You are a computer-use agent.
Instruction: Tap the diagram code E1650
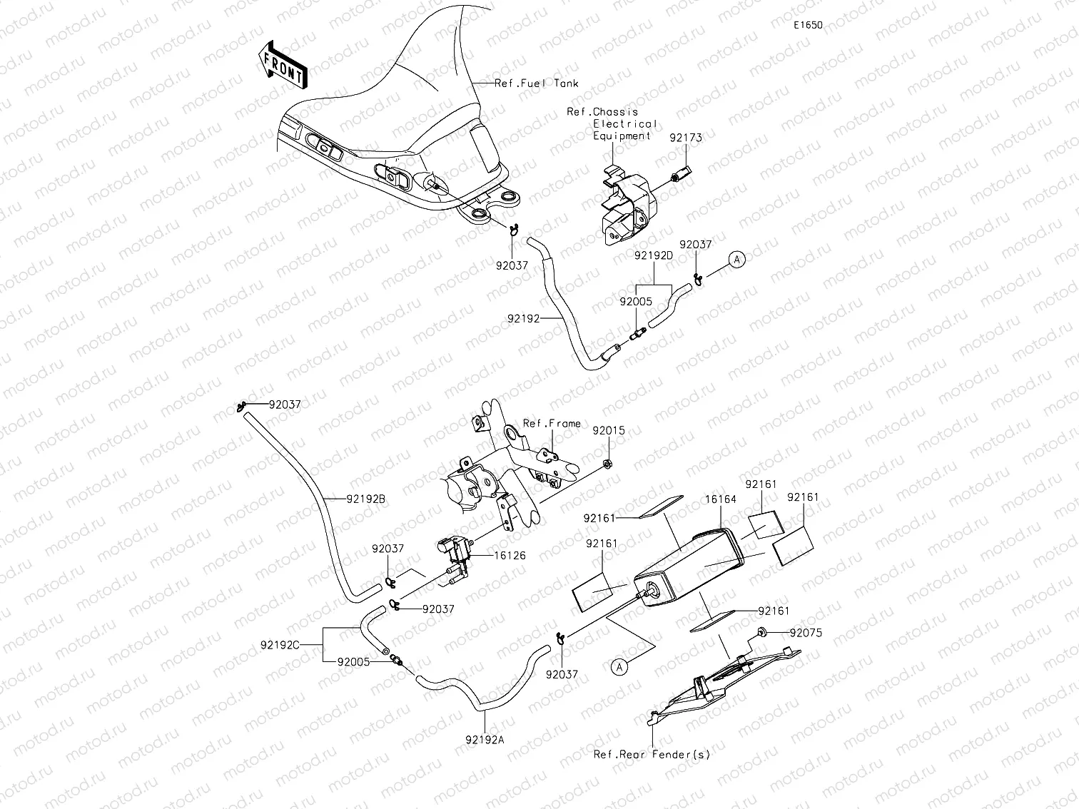(808, 25)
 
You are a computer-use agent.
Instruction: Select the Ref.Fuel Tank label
(537, 83)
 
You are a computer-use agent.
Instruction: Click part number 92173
(685, 138)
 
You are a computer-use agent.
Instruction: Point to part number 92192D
(653, 255)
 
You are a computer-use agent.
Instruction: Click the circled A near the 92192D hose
(737, 260)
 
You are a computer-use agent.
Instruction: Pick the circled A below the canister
(620, 666)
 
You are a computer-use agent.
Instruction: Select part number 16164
(720, 499)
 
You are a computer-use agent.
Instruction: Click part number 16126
(509, 555)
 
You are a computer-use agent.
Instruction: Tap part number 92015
(609, 431)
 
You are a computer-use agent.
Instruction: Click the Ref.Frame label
(552, 424)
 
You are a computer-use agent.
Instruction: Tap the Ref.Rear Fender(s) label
(652, 754)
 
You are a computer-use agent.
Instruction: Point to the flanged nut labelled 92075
(763, 631)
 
